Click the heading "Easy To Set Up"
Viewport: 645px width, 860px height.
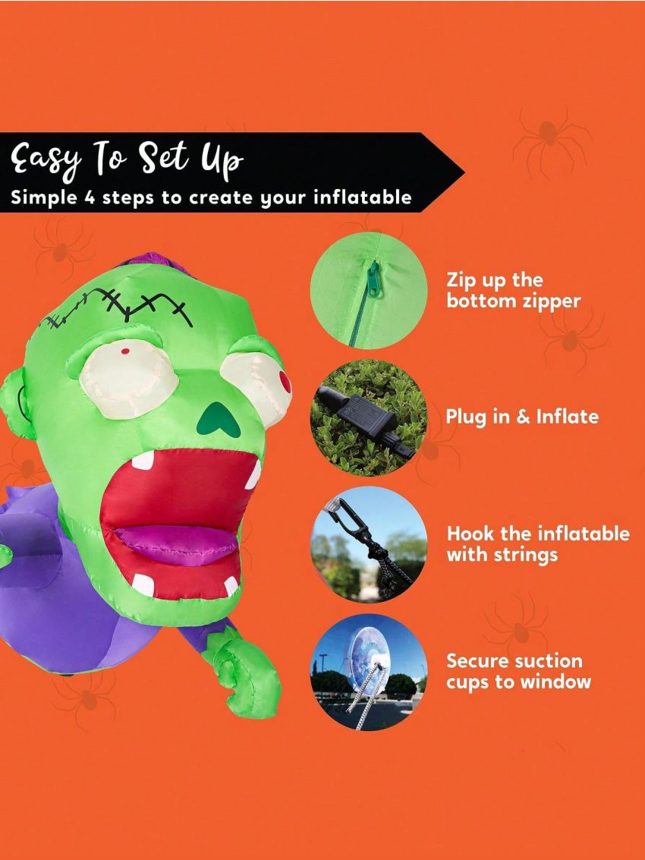[x=127, y=161]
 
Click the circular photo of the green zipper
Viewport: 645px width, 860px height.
[x=369, y=291]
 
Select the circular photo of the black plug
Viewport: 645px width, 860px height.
[x=369, y=417]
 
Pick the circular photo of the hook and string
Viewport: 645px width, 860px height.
[x=369, y=544]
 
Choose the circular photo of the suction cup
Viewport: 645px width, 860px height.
[x=369, y=673]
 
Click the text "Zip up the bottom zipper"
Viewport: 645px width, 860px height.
[x=513, y=291]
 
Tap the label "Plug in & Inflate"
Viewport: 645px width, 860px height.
[x=522, y=417]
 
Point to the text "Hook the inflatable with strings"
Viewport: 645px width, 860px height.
[x=537, y=543]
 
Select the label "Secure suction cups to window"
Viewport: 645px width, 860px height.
[x=518, y=671]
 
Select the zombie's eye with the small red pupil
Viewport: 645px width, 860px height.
[x=121, y=376]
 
